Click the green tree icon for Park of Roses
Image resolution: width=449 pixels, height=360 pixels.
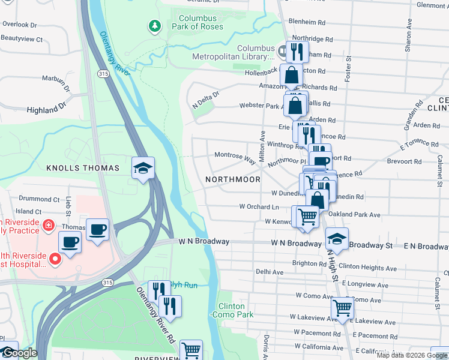[155, 26]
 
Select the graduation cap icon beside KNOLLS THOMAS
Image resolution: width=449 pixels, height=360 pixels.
[143, 169]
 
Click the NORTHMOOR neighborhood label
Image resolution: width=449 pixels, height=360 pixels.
[233, 179]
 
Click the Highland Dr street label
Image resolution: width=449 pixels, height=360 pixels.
[46, 109]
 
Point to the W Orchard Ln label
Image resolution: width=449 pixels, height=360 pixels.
[259, 206]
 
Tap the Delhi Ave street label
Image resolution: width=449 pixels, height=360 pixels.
[270, 272]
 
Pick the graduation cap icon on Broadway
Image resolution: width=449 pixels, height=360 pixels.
[337, 238]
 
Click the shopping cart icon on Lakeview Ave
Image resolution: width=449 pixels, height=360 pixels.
[342, 308]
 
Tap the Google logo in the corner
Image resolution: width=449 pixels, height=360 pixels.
[19, 353]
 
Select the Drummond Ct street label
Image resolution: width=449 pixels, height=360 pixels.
[39, 199]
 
